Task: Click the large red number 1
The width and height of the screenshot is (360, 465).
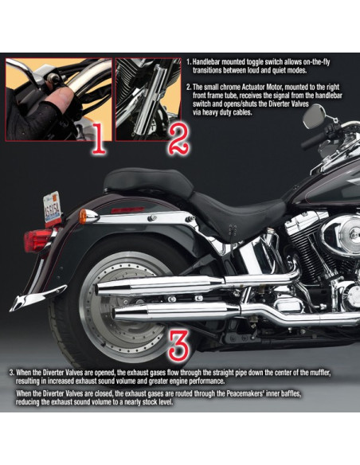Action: coord(100,139)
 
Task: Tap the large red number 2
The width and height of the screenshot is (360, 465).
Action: coord(179,139)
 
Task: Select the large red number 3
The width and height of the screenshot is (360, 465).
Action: coord(178,344)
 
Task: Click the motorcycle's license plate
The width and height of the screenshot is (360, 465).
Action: coord(53,208)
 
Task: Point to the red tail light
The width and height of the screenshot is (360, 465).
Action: coord(38,240)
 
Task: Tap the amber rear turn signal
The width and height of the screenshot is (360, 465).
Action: coord(84,217)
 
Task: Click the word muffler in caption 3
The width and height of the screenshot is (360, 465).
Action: coord(320,372)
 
